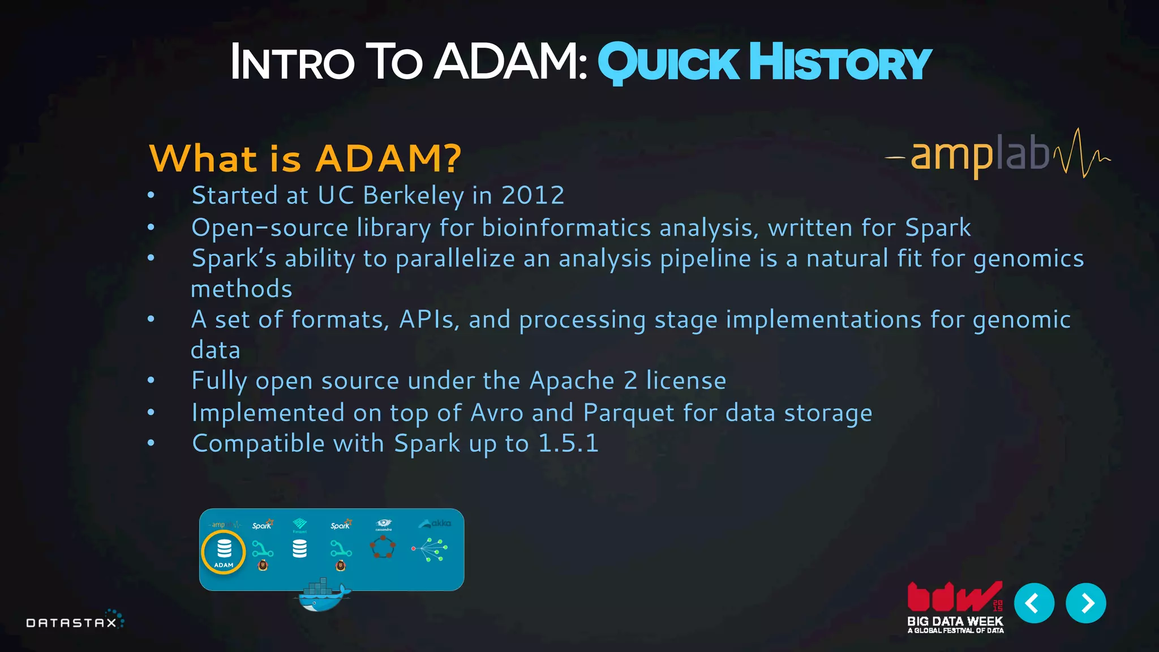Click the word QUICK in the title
pos(668,63)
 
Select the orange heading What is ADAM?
pos(305,158)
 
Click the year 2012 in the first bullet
pos(533,195)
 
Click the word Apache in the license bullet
pos(572,380)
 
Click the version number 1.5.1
pos(568,443)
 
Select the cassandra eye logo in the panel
pos(384,524)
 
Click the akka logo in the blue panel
pos(435,524)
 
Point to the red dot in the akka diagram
pos(414,548)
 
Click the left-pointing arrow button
pos(1033,603)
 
